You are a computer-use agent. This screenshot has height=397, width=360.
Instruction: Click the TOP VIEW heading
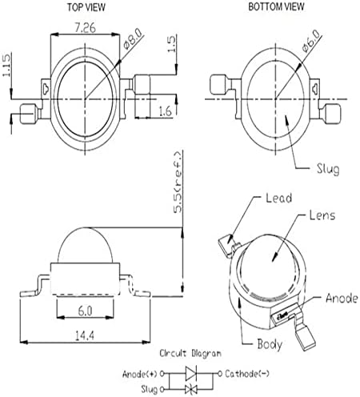coord(86,7)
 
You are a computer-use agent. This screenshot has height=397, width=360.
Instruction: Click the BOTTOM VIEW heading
coord(276,6)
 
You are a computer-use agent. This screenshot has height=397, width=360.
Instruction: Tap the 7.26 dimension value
coord(85,28)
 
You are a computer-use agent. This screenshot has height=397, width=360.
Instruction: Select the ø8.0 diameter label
coord(134,39)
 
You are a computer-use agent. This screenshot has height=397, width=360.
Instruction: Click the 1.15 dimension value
coord(6,65)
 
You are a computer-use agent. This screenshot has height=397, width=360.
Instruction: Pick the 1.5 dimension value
coord(172,44)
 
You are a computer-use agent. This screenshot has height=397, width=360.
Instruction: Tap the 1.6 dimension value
coord(166,111)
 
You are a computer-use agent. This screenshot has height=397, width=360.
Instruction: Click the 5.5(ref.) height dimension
coord(178,182)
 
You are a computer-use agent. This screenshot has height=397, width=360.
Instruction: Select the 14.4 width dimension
coord(85,335)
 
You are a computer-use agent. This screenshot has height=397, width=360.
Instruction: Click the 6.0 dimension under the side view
coord(86,311)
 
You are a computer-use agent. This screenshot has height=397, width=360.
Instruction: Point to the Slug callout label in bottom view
coord(328,169)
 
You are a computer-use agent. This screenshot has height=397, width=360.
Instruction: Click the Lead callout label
coord(279,198)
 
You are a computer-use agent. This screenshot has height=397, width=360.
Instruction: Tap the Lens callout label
coord(322,215)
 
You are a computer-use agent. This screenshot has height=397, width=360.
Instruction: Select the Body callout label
coord(270,344)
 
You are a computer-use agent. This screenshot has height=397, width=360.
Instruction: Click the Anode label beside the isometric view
coord(342,298)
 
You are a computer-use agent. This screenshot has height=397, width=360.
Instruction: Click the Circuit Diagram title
coord(190,353)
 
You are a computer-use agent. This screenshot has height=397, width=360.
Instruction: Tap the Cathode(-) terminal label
coord(247,374)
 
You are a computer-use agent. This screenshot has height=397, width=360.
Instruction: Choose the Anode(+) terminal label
coord(140,374)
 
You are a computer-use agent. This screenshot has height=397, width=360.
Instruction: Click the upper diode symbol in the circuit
coord(191,374)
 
